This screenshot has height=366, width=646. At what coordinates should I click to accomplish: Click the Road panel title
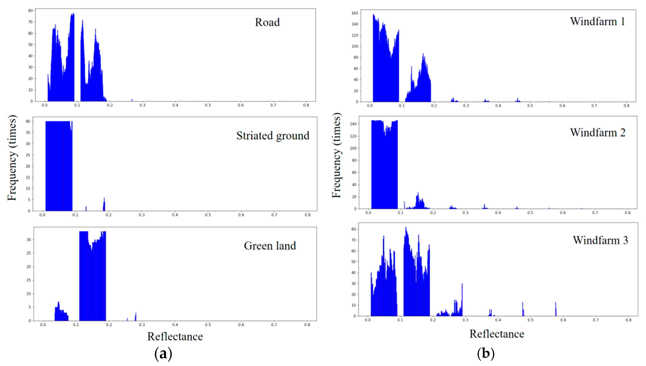click(x=267, y=22)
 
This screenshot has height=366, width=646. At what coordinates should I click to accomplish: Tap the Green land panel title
click(x=270, y=246)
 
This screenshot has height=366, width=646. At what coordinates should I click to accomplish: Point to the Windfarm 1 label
click(x=597, y=21)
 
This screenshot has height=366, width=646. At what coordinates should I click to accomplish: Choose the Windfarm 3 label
click(x=600, y=240)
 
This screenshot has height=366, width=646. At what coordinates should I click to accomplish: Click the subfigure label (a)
click(x=163, y=354)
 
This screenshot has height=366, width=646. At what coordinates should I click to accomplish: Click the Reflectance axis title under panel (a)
click(x=175, y=337)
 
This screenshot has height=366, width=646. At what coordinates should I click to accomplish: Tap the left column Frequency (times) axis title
click(x=12, y=158)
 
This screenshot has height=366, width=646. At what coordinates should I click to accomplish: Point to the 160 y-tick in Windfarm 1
click(x=355, y=13)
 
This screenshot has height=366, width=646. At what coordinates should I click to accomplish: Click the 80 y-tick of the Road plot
click(x=30, y=11)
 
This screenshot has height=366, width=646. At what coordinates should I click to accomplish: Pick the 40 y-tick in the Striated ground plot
click(x=28, y=121)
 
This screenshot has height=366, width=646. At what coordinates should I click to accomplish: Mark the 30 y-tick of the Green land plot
click(x=29, y=240)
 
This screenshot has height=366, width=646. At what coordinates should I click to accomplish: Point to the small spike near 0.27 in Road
click(x=132, y=100)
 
